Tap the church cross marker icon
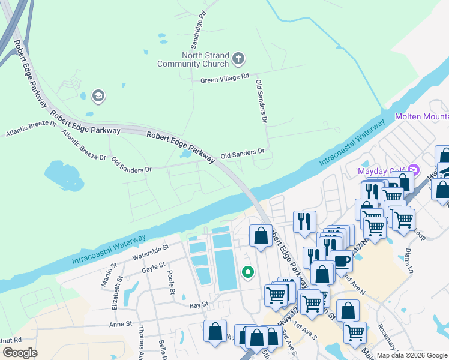pos(238,59)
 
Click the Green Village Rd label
pos(224,77)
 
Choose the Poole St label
pos(171,280)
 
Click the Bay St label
pos(199,305)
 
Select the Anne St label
pos(121,324)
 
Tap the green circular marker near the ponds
pos(247,273)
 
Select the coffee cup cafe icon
pos(342,262)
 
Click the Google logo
pos(20,353)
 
